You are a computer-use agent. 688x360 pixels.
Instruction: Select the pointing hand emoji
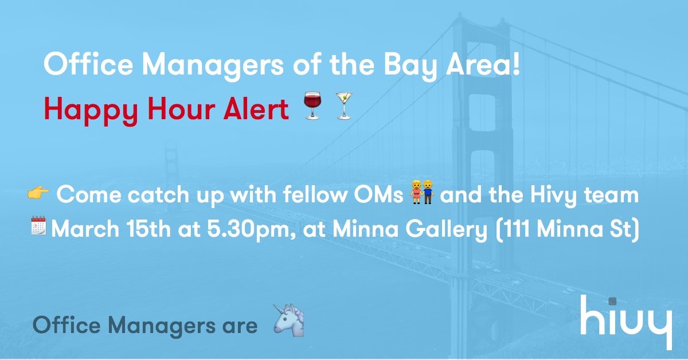click(x=38, y=194)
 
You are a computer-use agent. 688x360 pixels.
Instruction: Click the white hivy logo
click(x=626, y=321)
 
